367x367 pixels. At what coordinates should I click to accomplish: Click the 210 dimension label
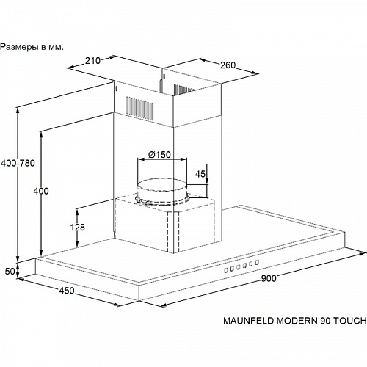92,60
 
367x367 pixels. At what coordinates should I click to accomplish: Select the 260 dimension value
228,65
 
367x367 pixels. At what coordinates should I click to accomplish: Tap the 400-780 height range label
18,163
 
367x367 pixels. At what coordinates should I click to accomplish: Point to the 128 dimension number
78,228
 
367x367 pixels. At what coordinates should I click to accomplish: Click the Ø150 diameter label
159,155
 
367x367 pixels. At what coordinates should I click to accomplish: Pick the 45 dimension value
200,174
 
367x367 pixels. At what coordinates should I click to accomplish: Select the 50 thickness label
10,271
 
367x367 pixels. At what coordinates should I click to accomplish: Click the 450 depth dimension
67,291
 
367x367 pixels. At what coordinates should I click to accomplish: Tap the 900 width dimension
269,278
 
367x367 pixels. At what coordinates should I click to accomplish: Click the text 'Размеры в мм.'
32,47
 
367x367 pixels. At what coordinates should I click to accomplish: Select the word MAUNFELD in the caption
249,321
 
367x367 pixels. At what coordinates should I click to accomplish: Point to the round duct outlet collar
162,192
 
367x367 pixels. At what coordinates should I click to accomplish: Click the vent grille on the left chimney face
139,108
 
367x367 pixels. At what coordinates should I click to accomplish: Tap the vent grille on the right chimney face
183,90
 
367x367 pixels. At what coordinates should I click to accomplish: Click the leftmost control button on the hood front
226,270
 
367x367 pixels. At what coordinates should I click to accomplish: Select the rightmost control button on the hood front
257,263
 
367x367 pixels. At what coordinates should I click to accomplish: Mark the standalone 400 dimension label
41,191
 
